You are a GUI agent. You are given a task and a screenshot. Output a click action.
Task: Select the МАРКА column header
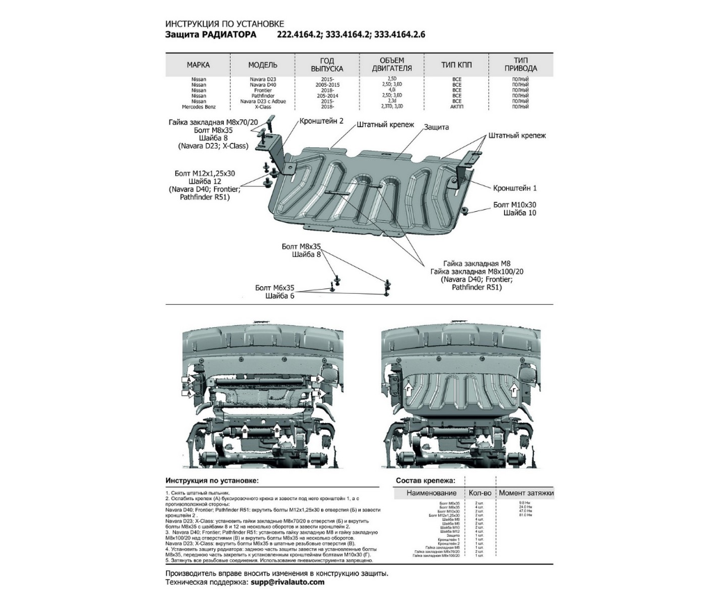pyautogui.click(x=198, y=65)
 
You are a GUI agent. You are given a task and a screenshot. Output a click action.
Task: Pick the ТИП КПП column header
pyautogui.click(x=457, y=65)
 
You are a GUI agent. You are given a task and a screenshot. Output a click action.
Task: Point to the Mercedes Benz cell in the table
pyautogui.click(x=198, y=107)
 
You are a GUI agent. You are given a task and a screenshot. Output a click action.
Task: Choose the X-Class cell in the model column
pyautogui.click(x=263, y=107)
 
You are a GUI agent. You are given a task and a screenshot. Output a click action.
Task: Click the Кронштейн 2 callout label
pyautogui.click(x=321, y=120)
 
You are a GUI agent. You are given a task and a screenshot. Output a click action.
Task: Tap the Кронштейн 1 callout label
pyautogui.click(x=515, y=188)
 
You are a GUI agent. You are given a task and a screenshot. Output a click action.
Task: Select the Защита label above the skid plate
pyautogui.click(x=433, y=127)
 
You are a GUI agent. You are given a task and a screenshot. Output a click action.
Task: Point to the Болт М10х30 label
pyautogui.click(x=515, y=205)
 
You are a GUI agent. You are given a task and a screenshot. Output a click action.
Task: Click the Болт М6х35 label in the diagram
pyautogui.click(x=275, y=288)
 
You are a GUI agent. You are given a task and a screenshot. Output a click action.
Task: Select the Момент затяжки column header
pyautogui.click(x=526, y=492)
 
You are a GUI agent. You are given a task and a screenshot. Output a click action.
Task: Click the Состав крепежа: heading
pyautogui.click(x=426, y=480)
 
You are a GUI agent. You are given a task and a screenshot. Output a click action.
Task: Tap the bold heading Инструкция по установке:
pyautogui.click(x=211, y=480)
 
